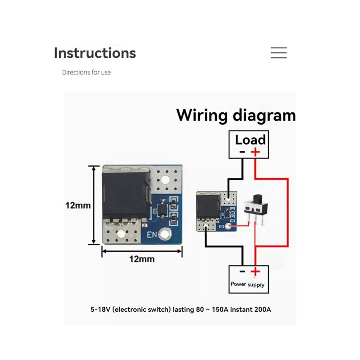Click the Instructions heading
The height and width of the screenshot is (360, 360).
tap(95, 53)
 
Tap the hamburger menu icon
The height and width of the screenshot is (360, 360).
tap(279, 53)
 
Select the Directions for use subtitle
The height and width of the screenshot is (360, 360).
tap(86, 72)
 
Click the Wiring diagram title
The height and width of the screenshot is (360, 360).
tap(236, 115)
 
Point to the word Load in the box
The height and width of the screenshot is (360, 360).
tap(250, 140)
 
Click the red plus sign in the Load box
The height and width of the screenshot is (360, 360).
tap(255, 152)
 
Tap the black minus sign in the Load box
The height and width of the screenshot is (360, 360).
tap(242, 152)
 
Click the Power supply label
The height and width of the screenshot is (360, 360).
tap(248, 284)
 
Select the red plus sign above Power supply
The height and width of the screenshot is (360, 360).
tap(255, 272)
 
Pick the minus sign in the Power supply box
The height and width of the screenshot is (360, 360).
tap(242, 272)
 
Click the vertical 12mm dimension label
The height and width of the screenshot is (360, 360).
tap(78, 205)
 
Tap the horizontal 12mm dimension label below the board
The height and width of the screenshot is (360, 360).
tap(142, 259)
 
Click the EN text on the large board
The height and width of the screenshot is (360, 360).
tap(152, 235)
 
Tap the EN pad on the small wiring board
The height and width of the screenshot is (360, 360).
tap(228, 227)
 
